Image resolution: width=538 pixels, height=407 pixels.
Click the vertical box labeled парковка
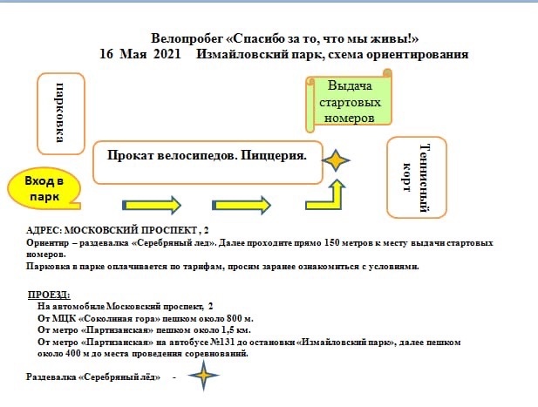(61, 113)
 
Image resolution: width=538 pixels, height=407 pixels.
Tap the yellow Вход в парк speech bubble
(44, 188)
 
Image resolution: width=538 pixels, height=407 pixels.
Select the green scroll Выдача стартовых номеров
(349, 101)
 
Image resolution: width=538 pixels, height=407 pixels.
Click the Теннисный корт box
(417, 177)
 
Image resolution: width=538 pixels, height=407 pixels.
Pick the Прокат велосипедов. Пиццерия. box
(208, 162)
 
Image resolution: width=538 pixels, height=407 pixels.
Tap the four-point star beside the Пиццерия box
(336, 160)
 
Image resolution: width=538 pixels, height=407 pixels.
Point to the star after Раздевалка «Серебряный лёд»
(203, 376)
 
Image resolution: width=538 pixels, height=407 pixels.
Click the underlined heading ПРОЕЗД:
(49, 295)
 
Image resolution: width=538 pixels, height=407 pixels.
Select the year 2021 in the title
(167, 54)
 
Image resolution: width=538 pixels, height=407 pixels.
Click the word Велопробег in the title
(187, 38)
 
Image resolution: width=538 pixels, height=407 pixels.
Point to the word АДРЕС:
(44, 230)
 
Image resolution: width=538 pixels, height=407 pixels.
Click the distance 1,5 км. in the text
(235, 330)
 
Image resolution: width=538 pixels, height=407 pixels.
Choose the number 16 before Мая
(106, 54)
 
